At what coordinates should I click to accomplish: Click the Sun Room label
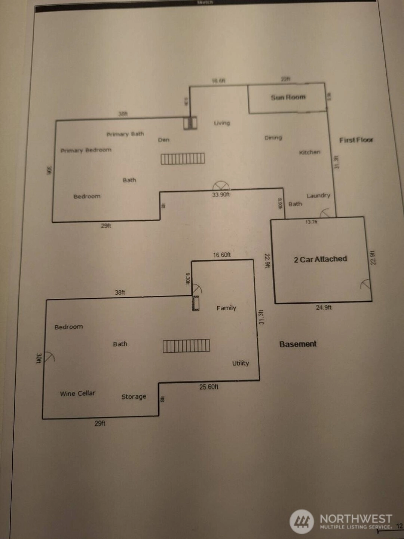288,97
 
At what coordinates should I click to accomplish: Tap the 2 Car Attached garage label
320,259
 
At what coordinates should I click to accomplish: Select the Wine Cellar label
77,393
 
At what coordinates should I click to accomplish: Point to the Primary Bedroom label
86,150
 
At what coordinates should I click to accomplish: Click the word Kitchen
310,152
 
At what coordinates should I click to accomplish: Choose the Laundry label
318,195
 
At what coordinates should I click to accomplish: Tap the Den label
164,140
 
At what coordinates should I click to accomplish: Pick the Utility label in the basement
241,363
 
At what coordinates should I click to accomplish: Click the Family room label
226,308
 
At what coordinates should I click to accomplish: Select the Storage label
134,396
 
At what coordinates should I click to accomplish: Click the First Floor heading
356,140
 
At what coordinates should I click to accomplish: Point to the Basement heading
298,344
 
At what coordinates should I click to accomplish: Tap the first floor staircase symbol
183,159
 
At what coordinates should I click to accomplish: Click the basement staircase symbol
186,346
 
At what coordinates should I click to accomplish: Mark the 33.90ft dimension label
221,195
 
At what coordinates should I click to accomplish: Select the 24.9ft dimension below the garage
324,307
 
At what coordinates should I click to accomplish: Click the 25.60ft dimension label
209,387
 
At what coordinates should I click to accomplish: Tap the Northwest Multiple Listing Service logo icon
302,521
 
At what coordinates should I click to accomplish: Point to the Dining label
273,138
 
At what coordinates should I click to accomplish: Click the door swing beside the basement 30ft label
50,357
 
